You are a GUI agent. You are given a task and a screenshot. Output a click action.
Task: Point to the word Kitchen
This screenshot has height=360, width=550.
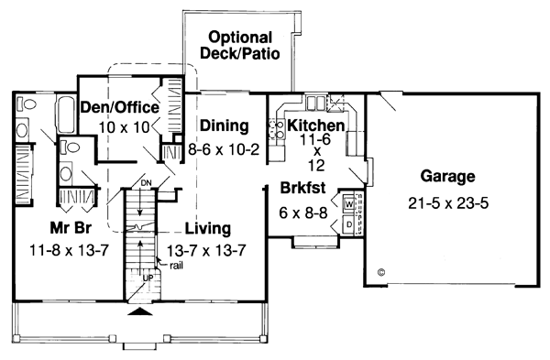(x=315, y=125)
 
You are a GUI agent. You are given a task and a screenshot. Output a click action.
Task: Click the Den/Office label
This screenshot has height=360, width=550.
(x=119, y=107)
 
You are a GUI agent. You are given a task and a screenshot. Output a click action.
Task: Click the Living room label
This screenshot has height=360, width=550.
(x=207, y=228)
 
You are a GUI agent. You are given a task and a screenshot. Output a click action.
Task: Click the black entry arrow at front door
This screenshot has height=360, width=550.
(x=139, y=313)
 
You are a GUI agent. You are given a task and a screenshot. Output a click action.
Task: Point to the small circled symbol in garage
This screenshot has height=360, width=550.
(x=380, y=271)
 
